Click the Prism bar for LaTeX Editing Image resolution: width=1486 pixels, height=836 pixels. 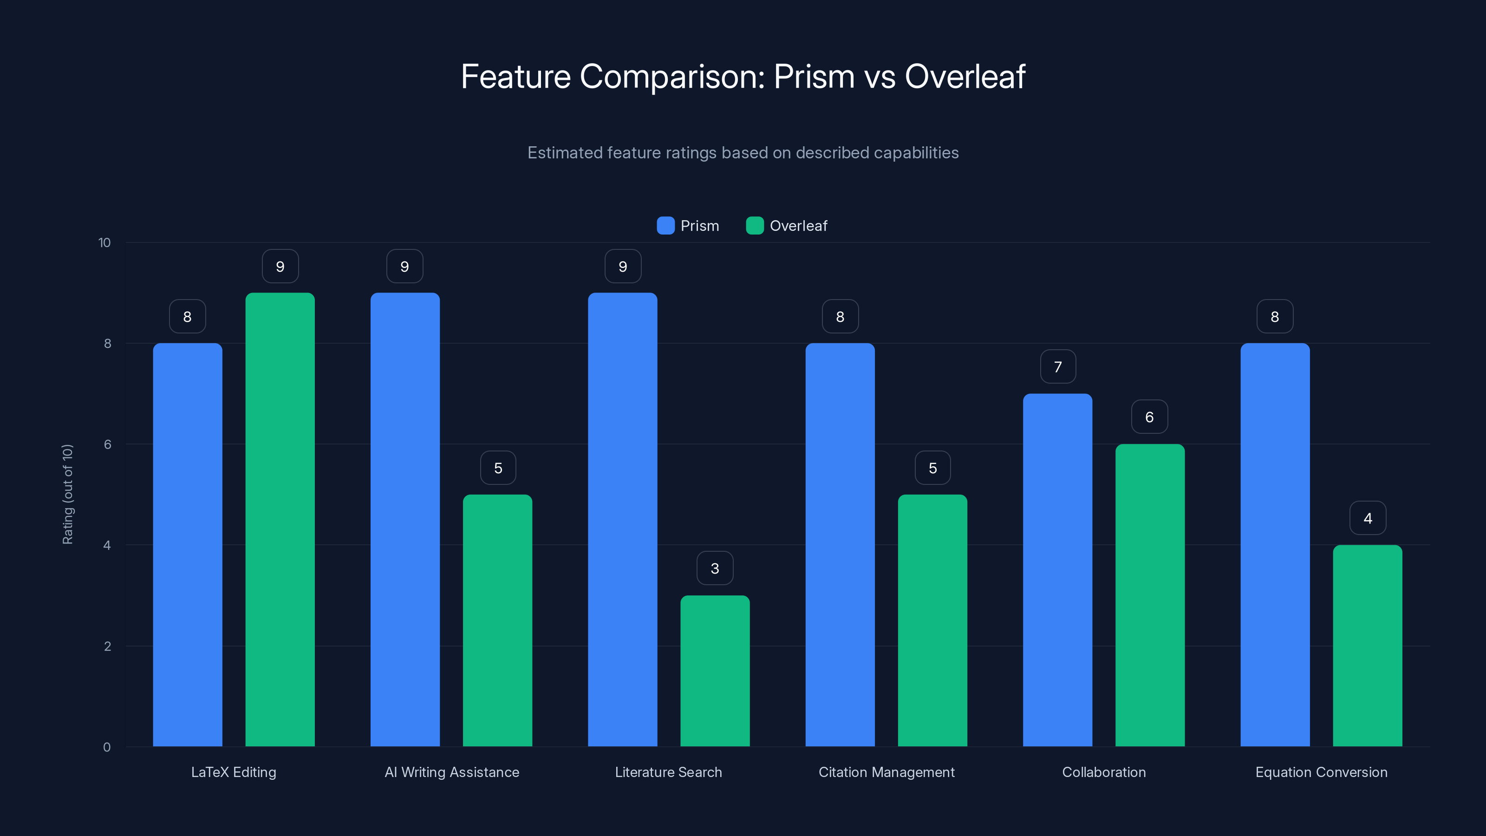(x=188, y=545)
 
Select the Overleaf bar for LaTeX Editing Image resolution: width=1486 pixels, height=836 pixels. (x=280, y=519)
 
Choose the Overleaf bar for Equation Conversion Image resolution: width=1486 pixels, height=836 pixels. (x=1367, y=646)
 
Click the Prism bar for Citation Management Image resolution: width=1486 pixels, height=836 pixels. (x=840, y=545)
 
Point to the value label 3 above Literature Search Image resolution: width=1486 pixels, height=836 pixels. (x=715, y=568)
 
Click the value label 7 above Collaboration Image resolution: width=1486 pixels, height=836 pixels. (x=1057, y=367)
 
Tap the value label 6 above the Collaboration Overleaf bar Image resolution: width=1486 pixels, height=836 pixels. (x=1149, y=417)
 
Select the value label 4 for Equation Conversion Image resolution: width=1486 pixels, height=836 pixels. (x=1367, y=518)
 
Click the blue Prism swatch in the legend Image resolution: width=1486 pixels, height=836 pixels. (x=665, y=226)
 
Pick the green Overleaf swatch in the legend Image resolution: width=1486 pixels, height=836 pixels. (x=755, y=226)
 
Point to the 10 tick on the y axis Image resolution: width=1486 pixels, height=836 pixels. (x=104, y=242)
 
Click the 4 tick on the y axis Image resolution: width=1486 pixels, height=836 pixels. (x=107, y=545)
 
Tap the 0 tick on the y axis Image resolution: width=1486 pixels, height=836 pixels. (x=107, y=747)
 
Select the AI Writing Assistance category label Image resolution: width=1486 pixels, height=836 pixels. (x=452, y=772)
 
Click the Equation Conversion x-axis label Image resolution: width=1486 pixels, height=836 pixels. (x=1321, y=772)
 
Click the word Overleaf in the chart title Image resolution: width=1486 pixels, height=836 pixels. (x=965, y=77)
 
